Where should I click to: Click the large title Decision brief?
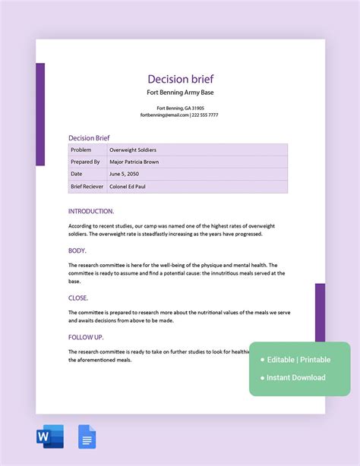click(x=180, y=79)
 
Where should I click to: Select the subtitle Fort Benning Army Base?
click(x=180, y=93)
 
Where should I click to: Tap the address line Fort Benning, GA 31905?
click(x=180, y=108)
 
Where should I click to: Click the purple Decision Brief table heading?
click(x=89, y=137)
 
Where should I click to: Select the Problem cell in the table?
click(x=81, y=150)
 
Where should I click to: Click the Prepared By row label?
click(x=85, y=162)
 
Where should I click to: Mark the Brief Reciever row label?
click(x=87, y=186)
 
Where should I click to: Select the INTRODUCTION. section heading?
click(x=91, y=211)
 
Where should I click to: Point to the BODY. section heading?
click(x=77, y=250)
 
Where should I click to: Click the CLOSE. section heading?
click(x=78, y=298)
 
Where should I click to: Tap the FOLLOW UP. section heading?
click(x=86, y=337)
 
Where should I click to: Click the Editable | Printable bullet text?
click(x=299, y=360)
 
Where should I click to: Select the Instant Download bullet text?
click(x=296, y=377)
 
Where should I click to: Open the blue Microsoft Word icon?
click(x=49, y=437)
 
